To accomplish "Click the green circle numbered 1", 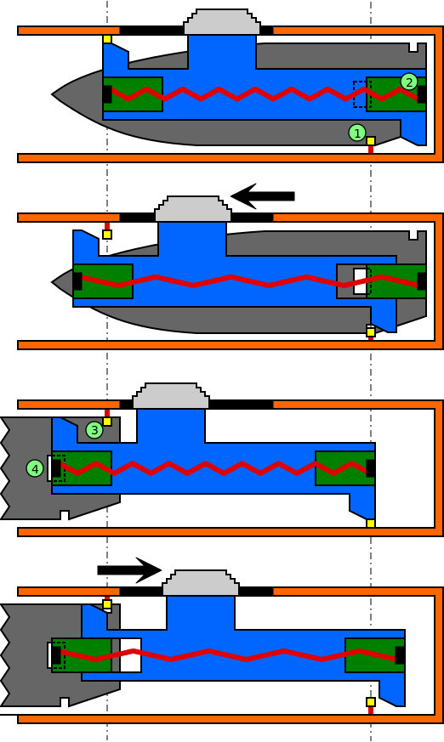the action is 357,133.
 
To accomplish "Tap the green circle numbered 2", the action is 409,82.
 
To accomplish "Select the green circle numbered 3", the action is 94,430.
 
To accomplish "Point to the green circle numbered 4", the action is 35,469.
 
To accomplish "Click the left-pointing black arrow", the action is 263,195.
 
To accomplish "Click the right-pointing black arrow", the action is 129,570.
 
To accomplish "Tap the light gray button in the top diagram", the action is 222,22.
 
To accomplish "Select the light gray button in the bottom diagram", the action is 201,582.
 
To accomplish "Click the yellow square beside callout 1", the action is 371,141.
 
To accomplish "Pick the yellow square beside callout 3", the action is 107,422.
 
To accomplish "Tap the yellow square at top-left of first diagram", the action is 107,39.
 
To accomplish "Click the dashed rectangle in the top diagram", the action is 362,94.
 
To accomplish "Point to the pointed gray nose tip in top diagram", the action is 52,94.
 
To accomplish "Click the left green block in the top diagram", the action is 133,94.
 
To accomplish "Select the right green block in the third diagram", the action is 345,468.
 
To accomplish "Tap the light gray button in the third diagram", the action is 171,395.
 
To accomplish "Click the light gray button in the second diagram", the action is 193,209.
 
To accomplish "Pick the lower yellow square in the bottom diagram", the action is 371,702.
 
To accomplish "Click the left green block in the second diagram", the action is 103,281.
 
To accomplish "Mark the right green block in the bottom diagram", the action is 375,655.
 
